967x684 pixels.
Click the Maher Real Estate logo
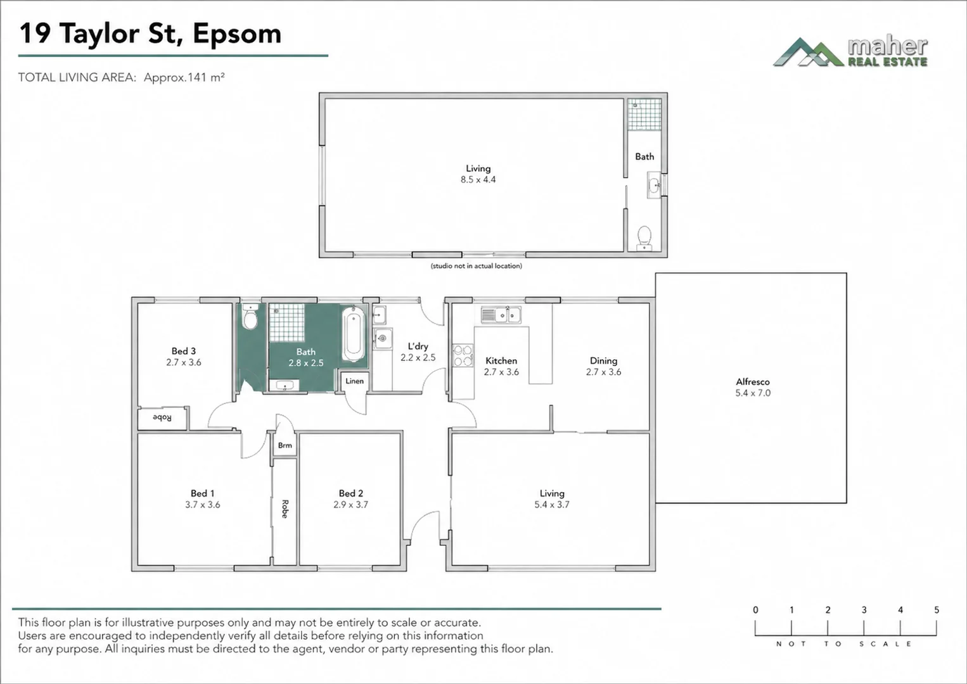pos(850,53)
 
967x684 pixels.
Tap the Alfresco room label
pos(752,382)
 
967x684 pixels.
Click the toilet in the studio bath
pos(644,237)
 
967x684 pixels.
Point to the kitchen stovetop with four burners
pos(463,355)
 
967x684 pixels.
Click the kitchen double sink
pos(501,315)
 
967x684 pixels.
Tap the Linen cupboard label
pos(354,381)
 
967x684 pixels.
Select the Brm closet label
pos(285,445)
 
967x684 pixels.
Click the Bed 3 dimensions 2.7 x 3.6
pos(184,362)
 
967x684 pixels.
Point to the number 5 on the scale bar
pos(937,610)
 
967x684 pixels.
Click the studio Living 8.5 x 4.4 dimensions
pos(478,180)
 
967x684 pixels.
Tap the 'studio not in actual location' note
pos(476,266)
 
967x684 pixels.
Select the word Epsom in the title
pos(237,35)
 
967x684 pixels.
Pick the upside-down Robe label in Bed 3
pos(162,418)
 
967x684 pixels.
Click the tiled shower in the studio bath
pos(644,115)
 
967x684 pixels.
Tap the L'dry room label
pos(418,346)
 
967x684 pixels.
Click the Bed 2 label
pos(350,493)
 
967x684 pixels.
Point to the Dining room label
pos(603,361)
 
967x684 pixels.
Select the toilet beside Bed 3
pos(250,316)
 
